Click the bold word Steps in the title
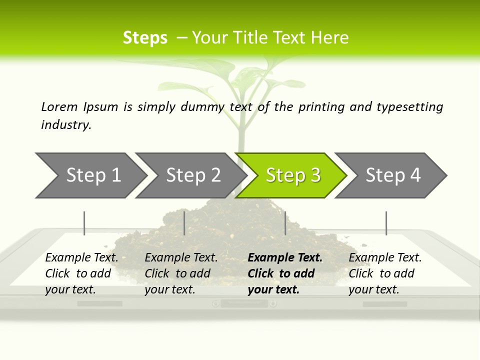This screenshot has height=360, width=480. (x=145, y=38)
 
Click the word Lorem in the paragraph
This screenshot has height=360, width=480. (x=59, y=107)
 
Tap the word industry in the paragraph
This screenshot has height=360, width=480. (x=65, y=125)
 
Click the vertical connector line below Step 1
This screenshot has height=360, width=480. (x=84, y=223)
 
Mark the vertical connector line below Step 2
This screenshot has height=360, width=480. (x=184, y=223)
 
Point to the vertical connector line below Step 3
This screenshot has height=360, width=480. (x=285, y=223)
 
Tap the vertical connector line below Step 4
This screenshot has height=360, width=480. (x=386, y=223)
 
